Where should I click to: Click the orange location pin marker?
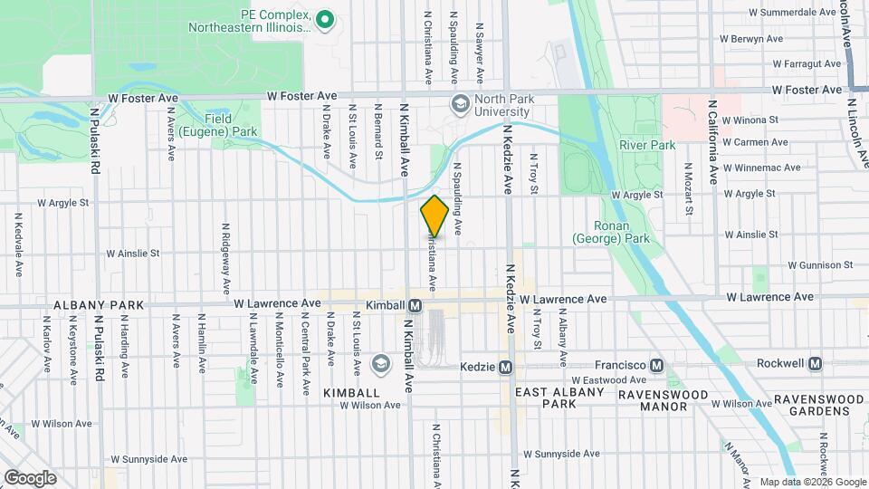point(434,216)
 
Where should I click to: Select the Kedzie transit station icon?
point(505,367)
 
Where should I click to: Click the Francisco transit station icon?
point(658,364)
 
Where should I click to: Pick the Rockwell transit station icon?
point(815,363)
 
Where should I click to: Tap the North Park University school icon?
point(460,104)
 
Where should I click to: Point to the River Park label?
point(647,145)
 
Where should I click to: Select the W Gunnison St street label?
point(820,265)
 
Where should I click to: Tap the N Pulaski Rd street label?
point(95,141)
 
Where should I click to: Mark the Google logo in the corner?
point(29,478)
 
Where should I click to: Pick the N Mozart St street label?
point(689,189)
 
